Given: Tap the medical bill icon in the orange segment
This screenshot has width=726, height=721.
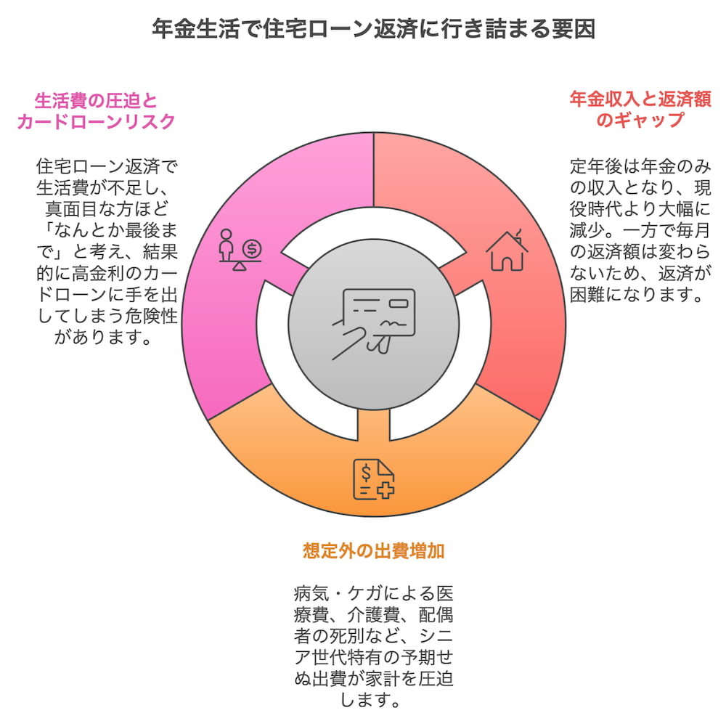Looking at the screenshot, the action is click(x=374, y=479).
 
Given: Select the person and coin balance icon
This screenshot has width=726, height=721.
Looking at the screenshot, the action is click(x=240, y=250).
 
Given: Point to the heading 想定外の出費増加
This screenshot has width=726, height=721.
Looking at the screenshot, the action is click(x=374, y=551).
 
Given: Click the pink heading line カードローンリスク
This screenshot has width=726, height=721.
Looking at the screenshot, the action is click(x=97, y=121).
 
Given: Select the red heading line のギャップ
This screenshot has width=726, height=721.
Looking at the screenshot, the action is click(x=640, y=120).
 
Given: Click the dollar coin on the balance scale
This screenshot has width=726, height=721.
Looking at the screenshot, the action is click(x=252, y=249).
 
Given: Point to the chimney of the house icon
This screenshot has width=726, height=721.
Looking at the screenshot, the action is click(x=518, y=235).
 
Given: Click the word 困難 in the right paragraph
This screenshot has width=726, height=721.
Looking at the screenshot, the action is click(x=587, y=294).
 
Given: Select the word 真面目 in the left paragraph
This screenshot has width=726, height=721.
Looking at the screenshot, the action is click(x=71, y=209).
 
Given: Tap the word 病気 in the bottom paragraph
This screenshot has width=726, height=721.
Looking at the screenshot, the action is click(x=311, y=593).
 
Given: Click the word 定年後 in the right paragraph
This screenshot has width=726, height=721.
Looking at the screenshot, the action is click(x=596, y=166).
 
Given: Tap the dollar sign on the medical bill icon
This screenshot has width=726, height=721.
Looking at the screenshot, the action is click(x=366, y=473).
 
